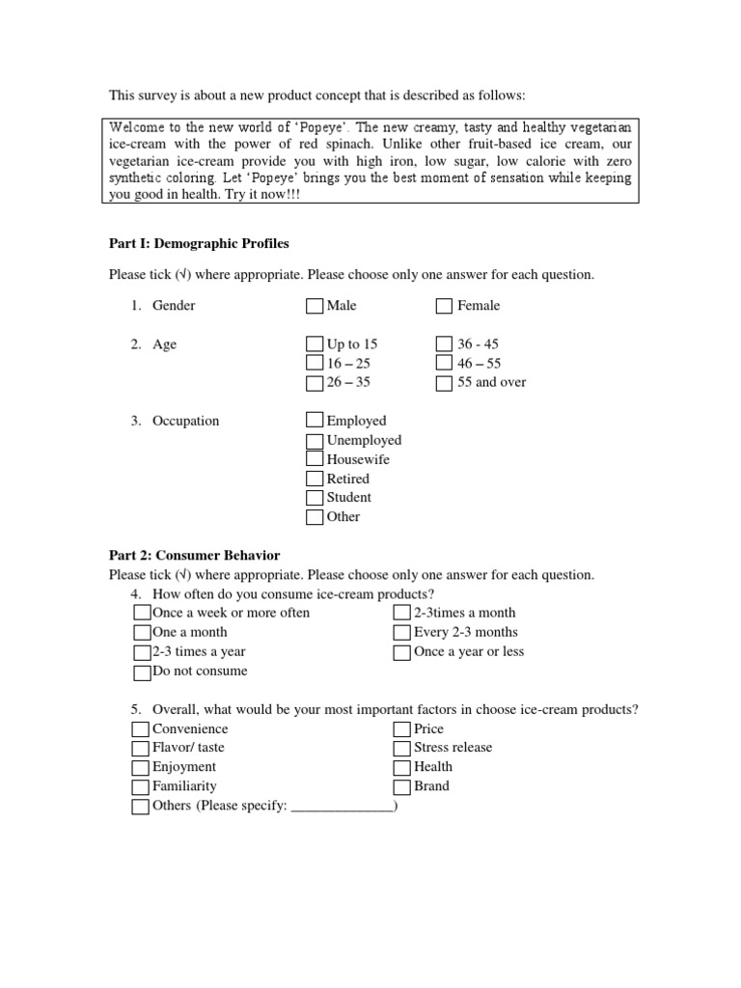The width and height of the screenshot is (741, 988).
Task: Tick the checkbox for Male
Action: [x=316, y=306]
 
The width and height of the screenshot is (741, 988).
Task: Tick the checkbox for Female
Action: [x=444, y=306]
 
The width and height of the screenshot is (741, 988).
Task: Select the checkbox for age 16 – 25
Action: [x=316, y=364]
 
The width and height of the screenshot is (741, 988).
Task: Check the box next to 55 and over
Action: [x=444, y=383]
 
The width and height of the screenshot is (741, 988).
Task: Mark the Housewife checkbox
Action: [x=316, y=459]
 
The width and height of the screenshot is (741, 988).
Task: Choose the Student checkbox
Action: [x=316, y=498]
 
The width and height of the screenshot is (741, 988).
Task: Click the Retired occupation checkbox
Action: [x=316, y=479]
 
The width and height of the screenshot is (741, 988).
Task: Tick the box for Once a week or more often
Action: [x=142, y=614]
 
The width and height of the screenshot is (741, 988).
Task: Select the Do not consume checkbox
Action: [x=142, y=672]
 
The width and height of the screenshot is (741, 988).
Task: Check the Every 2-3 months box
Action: [x=402, y=633]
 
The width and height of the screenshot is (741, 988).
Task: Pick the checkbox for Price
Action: [x=402, y=729]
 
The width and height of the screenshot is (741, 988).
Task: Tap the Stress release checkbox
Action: [x=402, y=749]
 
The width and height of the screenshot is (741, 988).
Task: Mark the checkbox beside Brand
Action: [x=402, y=787]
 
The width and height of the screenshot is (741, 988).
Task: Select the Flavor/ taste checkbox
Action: [x=141, y=749]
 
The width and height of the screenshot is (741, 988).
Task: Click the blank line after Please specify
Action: [x=342, y=808]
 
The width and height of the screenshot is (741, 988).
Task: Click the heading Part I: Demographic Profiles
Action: [x=199, y=243]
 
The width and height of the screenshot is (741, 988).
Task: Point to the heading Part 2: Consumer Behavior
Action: [x=195, y=555]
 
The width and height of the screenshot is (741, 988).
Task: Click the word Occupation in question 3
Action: [x=185, y=421]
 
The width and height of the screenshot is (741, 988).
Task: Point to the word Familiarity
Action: [x=184, y=786]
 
